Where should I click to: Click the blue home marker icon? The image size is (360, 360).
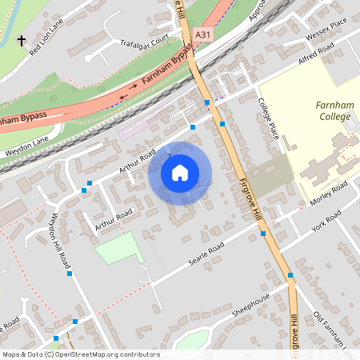coord(180,172)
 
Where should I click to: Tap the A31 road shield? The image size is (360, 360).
coord(203,34)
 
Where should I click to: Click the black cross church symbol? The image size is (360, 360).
coord(21,39)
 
